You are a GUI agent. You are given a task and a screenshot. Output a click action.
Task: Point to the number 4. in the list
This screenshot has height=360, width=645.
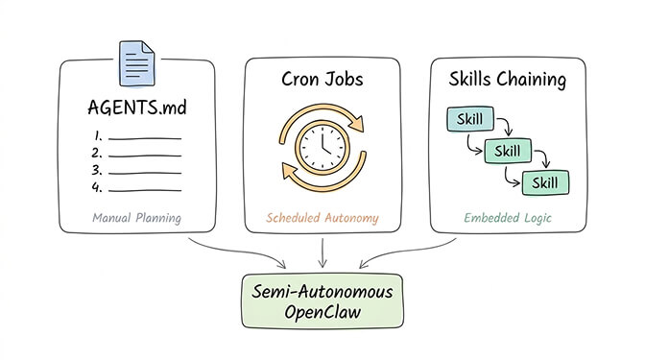click(x=96, y=188)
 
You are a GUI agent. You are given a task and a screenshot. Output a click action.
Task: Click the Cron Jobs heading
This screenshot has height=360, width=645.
click(x=322, y=80)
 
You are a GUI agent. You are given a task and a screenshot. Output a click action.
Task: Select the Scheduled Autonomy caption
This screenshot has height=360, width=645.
click(x=322, y=218)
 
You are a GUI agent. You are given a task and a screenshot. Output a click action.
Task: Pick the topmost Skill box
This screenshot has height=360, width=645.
click(x=470, y=120)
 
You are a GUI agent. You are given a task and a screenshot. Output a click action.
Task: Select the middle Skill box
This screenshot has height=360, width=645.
click(x=509, y=151)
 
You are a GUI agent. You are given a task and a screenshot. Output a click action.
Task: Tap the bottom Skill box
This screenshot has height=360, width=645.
click(x=545, y=181)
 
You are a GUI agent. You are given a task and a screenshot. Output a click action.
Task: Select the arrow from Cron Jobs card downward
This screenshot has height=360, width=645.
click(x=322, y=252)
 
